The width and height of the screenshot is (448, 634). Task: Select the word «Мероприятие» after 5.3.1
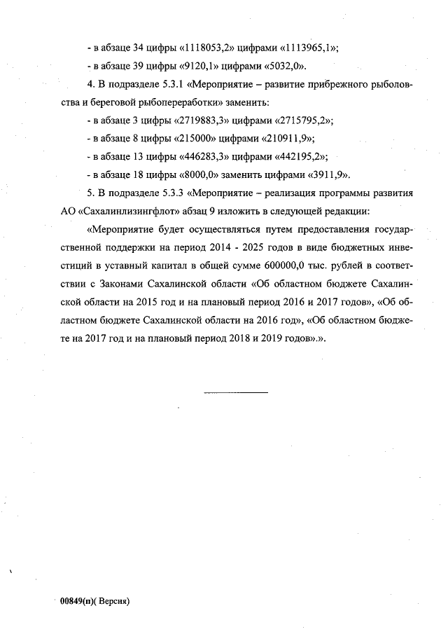tap(223, 84)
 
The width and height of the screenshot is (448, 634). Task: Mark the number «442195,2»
tap(297, 156)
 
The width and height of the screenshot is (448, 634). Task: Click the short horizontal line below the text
tap(235, 392)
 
